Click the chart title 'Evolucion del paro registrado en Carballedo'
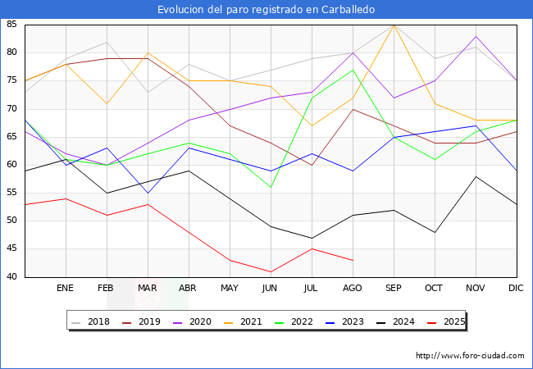click(266, 10)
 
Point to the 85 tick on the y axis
click(12, 25)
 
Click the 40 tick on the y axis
click(12, 277)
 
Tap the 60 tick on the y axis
click(12, 165)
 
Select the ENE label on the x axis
click(66, 289)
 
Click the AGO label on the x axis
click(353, 289)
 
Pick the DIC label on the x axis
click(516, 289)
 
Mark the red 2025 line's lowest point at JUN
click(271, 271)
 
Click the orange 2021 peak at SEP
click(394, 25)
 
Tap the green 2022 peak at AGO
click(353, 70)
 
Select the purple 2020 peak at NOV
click(476, 36)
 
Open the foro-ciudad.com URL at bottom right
click(470, 356)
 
